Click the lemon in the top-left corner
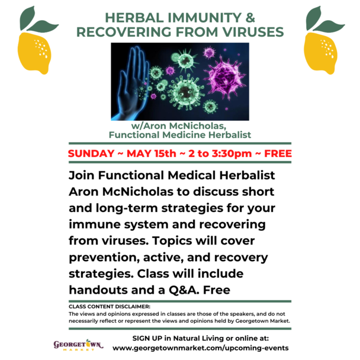point(34,53)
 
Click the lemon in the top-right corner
point(321,53)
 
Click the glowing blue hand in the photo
point(129,83)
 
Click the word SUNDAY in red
point(91,153)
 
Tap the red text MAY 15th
point(152,153)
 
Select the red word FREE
point(278,153)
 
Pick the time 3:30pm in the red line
point(232,153)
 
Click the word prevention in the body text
point(104,258)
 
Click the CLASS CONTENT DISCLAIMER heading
point(110,307)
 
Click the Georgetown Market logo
point(78,345)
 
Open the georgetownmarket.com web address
point(201,348)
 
